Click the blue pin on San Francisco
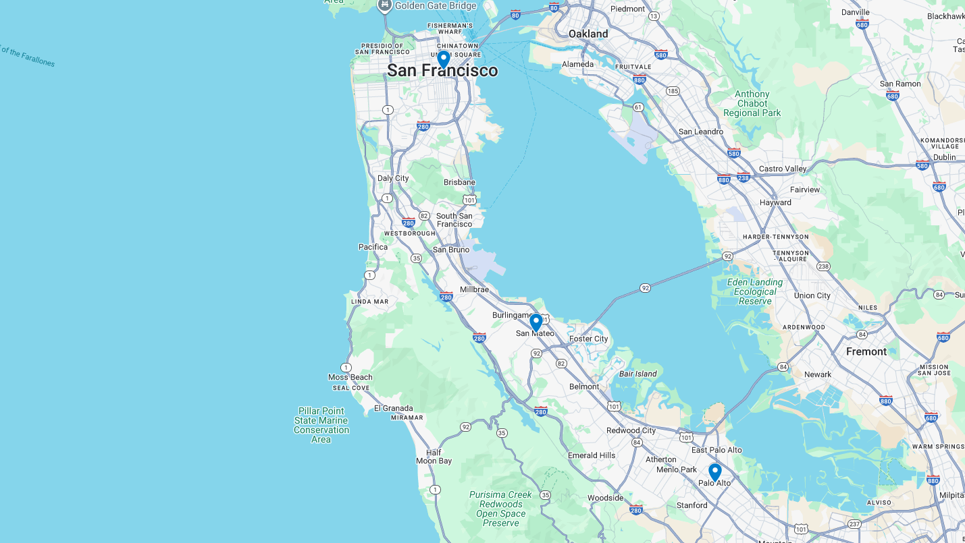coord(443,59)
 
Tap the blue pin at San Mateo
coord(536,322)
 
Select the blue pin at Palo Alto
coord(714,472)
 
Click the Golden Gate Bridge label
coord(435,6)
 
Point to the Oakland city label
coord(588,34)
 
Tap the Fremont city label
coord(866,351)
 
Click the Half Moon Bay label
coord(434,457)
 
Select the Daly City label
coord(393,178)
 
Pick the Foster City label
coord(588,339)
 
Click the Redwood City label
coord(631,430)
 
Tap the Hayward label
coord(775,202)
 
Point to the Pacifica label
coord(373,247)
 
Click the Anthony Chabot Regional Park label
coord(752,104)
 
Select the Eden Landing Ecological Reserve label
coord(755,291)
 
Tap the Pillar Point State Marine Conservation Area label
coord(321,425)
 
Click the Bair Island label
coord(637,374)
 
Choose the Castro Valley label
coord(783,169)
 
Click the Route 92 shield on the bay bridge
coord(645,288)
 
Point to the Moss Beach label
coord(350,377)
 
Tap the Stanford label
coord(692,505)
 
